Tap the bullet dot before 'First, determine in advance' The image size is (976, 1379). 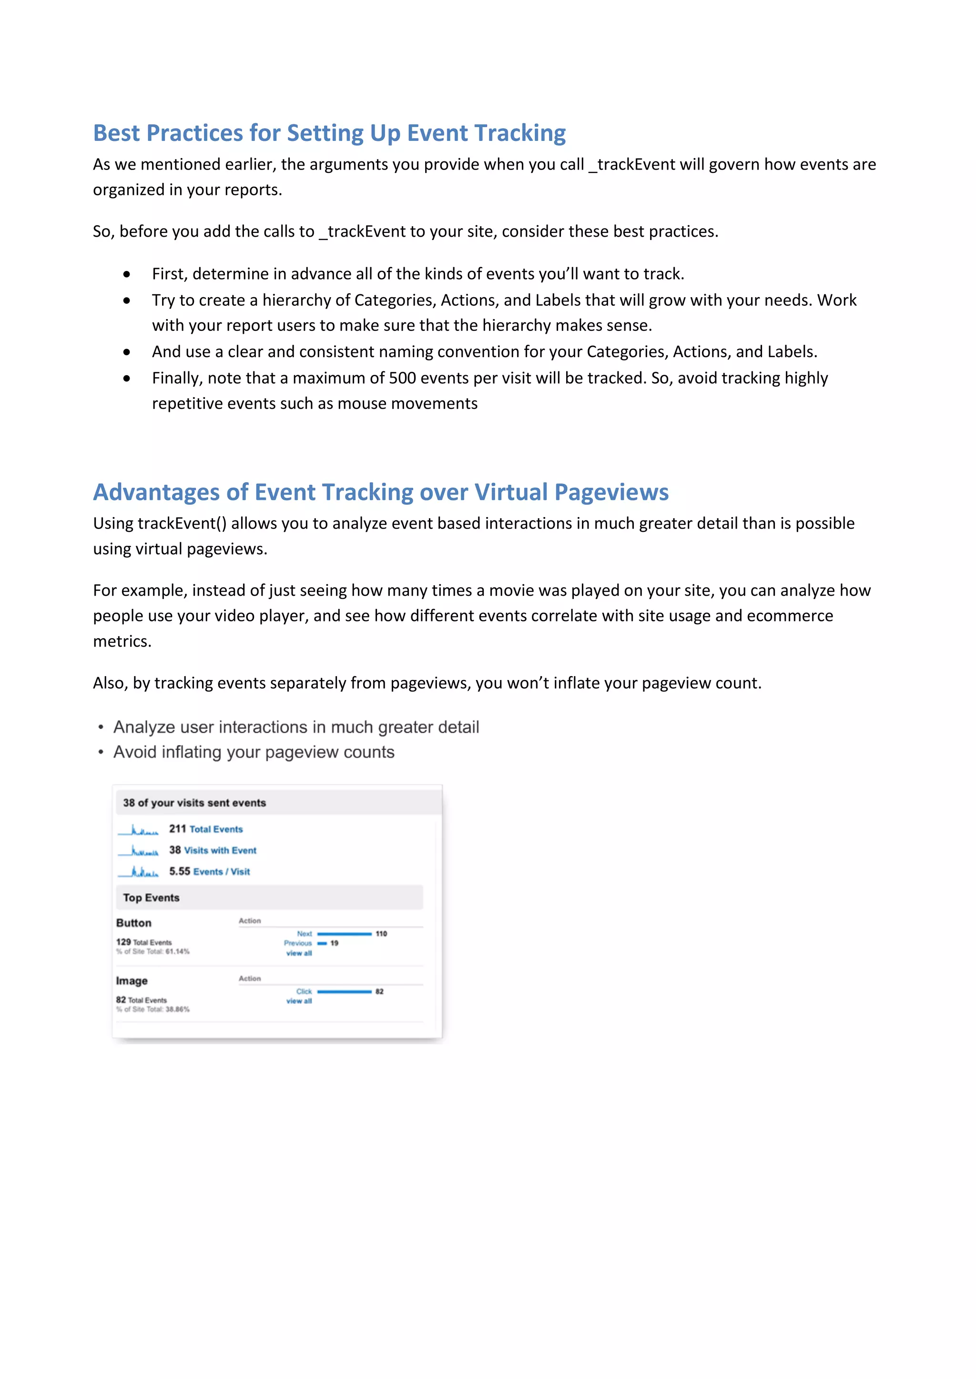point(126,274)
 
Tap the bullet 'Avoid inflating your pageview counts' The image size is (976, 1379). point(254,752)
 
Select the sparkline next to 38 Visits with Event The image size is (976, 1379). point(138,851)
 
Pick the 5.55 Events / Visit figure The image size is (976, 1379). point(209,871)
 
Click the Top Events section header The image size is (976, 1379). point(152,897)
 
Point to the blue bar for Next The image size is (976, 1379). point(345,934)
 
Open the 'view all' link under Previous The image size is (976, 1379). point(299,953)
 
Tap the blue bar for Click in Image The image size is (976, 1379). point(345,991)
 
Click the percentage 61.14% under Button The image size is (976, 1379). point(177,951)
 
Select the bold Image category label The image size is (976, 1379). point(132,981)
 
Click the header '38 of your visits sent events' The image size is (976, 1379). point(194,803)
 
